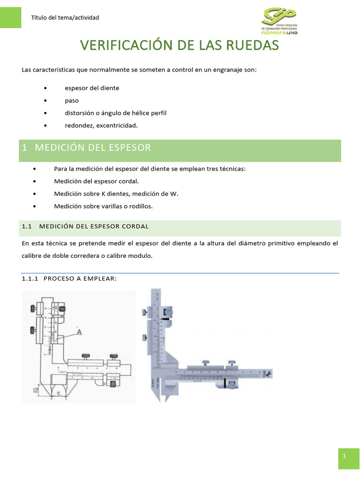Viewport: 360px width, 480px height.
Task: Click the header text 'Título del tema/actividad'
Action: [x=65, y=18]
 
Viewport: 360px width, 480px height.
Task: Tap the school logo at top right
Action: [x=280, y=21]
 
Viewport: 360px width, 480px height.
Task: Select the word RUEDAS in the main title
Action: [x=253, y=45]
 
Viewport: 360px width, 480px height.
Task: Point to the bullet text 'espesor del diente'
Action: [x=92, y=88]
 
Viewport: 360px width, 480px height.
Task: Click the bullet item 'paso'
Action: [x=72, y=101]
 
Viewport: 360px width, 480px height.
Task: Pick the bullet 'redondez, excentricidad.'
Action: [x=101, y=126]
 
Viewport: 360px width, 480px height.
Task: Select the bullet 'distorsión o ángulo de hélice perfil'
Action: [x=115, y=113]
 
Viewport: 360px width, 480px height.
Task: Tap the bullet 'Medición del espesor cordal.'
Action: [x=97, y=181]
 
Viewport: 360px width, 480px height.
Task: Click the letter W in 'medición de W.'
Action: [x=175, y=193]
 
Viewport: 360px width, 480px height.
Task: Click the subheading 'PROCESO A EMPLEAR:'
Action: [x=79, y=279]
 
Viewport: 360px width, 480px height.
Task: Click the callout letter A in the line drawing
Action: [x=79, y=332]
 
